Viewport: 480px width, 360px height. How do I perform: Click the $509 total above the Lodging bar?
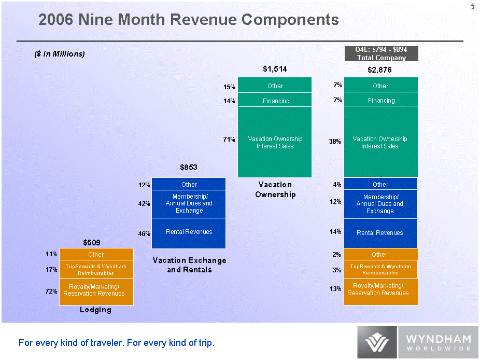coord(92,242)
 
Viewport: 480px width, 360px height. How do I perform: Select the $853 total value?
coord(188,167)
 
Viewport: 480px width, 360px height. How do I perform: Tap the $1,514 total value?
coord(275,68)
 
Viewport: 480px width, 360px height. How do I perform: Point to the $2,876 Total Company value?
coord(379,69)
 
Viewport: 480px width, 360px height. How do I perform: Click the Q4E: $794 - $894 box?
coord(380,53)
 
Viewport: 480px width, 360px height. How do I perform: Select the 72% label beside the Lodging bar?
coord(51,292)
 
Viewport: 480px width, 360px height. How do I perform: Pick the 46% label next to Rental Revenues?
coord(144,234)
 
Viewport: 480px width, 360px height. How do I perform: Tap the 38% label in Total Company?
coord(334,141)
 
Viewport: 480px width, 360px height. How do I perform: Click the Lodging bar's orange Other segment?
coord(96,254)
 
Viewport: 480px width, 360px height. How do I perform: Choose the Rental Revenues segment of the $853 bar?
coord(189,232)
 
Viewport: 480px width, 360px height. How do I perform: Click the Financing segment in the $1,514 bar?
coord(275,101)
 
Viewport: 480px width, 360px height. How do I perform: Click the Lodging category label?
coord(95,310)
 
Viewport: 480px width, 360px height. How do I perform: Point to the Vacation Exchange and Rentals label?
coord(189,265)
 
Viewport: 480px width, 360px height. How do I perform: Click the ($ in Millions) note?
coord(59,54)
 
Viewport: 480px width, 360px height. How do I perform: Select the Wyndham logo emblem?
coord(377,342)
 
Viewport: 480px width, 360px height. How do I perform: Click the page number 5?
coord(472,7)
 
